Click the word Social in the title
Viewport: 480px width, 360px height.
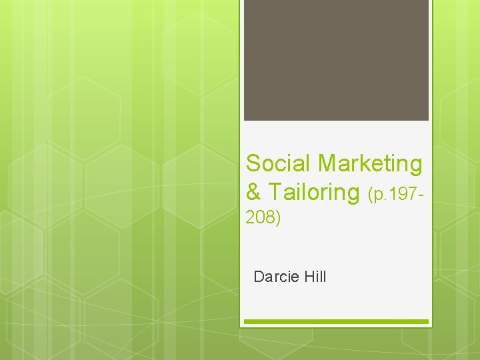pyautogui.click(x=279, y=163)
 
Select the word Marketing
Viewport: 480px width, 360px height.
pyautogui.click(x=370, y=163)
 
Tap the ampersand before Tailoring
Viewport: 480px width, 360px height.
pyautogui.click(x=253, y=193)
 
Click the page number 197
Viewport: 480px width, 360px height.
pyautogui.click(x=402, y=195)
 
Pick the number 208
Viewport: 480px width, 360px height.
pyautogui.click(x=260, y=217)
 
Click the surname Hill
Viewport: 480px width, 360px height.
pyautogui.click(x=315, y=277)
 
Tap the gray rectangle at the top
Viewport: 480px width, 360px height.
pyautogui.click(x=336, y=60)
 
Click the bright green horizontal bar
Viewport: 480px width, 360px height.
pyautogui.click(x=336, y=322)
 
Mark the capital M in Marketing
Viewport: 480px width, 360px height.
pyautogui.click(x=328, y=163)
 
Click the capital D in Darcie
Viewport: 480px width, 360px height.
pyautogui.click(x=259, y=277)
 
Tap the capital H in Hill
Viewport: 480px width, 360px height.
pyautogui.click(x=308, y=277)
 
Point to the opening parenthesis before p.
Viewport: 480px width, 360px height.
pyautogui.click(x=371, y=195)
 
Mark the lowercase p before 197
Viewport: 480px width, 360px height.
pyautogui.click(x=377, y=196)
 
